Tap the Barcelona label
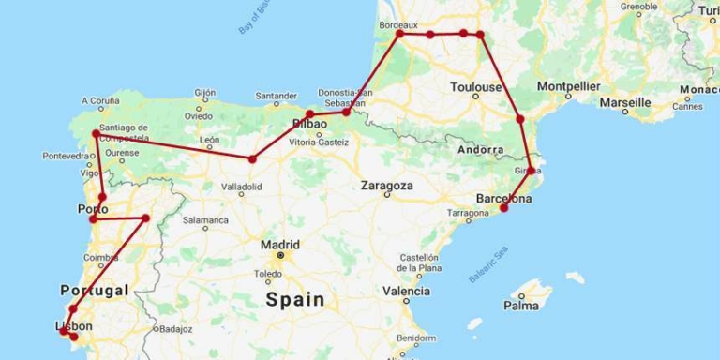[x=504, y=199]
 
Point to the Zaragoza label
[x=386, y=186]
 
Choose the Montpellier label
[x=569, y=86]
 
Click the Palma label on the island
[x=520, y=305]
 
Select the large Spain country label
[x=294, y=300]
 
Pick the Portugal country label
[x=94, y=291]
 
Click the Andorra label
[x=481, y=150]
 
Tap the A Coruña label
[x=101, y=100]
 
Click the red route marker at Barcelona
[x=504, y=207]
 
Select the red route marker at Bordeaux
[x=400, y=34]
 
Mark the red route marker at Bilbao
[x=309, y=115]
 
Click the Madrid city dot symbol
[x=279, y=255]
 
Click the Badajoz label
[x=175, y=329]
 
